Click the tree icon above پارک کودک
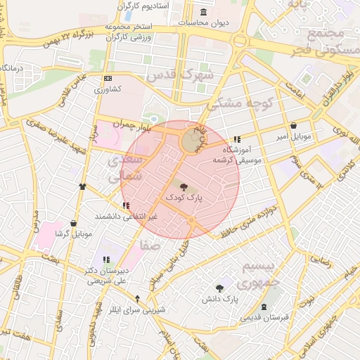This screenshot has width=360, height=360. (184, 188)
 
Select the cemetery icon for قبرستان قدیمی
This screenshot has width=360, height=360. (264, 307)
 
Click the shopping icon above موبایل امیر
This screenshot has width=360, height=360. (292, 126)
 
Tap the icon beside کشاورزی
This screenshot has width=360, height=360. (108, 79)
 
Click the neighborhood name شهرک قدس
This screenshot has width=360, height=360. (178, 75)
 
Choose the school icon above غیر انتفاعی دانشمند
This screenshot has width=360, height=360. (126, 205)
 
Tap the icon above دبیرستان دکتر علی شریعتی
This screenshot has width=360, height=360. (106, 260)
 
